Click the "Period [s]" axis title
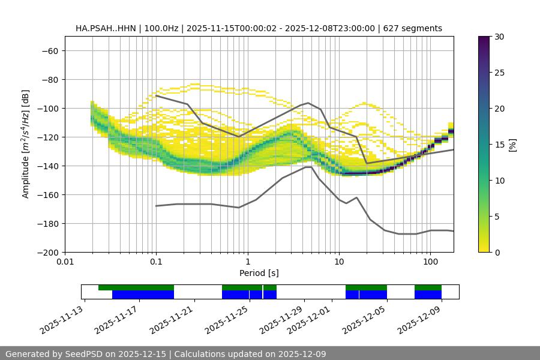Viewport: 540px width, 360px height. coord(259,273)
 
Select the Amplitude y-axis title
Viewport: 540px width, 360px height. coord(26,144)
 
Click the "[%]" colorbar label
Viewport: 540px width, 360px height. coord(512,144)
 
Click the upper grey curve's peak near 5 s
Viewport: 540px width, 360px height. coord(308,103)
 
